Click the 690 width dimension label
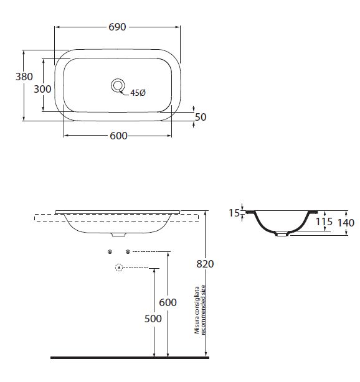[x=117, y=27]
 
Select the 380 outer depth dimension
[x=24, y=77]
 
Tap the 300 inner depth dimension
[x=42, y=89]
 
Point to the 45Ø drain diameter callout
[x=138, y=93]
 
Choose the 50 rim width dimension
[x=201, y=117]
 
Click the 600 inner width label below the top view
[x=118, y=136]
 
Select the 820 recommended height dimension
[x=205, y=264]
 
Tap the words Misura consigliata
[x=197, y=310]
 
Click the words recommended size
[x=203, y=310]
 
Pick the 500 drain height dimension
[x=153, y=319]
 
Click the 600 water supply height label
[x=168, y=302]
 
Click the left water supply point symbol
[x=110, y=252]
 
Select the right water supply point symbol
[x=128, y=252]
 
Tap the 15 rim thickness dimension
[x=234, y=213]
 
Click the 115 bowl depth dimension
[x=324, y=221]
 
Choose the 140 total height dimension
[x=346, y=223]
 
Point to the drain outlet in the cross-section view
[x=282, y=235]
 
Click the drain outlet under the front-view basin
[x=118, y=235]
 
